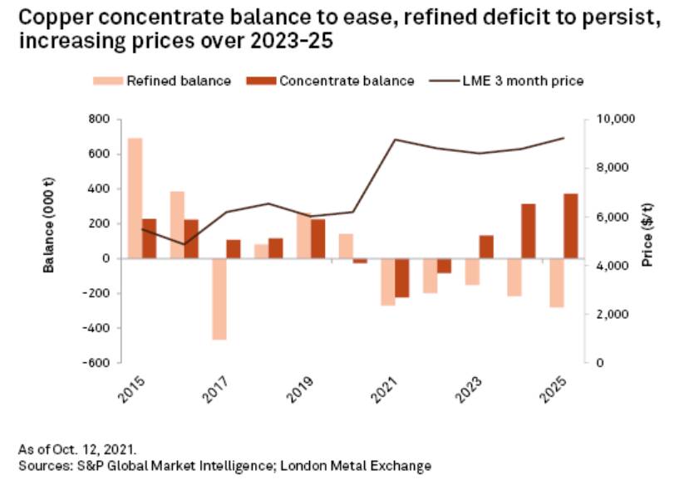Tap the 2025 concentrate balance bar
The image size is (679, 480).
[x=571, y=226]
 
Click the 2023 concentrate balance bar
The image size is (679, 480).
[x=486, y=247]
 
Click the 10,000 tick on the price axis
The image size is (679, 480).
[x=615, y=120]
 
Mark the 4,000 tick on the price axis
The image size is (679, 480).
[x=612, y=266]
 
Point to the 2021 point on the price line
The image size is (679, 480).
[x=396, y=140]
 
